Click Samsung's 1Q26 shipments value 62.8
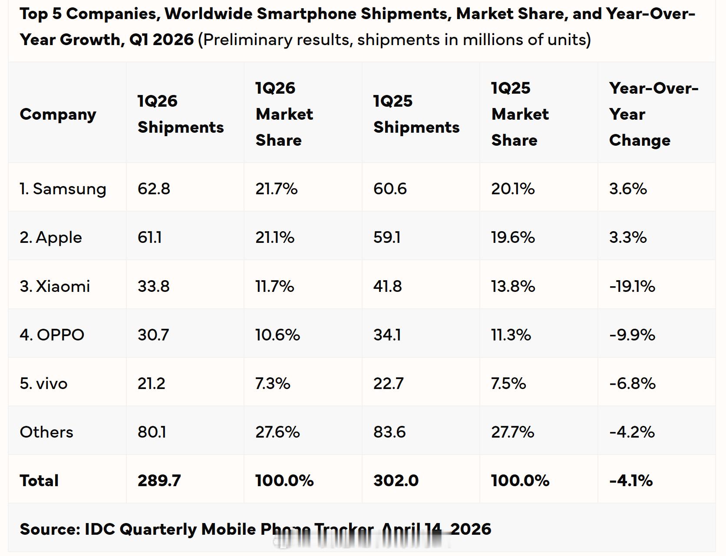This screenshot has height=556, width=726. (x=154, y=189)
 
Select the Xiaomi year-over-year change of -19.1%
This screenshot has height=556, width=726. (x=632, y=286)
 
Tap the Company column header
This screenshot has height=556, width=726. (x=58, y=114)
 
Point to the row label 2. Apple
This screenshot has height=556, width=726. (x=51, y=238)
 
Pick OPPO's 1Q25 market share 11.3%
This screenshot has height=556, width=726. (x=511, y=335)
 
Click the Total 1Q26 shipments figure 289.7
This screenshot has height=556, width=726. (x=159, y=481)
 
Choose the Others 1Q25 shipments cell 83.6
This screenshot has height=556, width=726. (x=389, y=432)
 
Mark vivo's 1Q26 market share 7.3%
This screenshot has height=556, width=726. (x=273, y=383)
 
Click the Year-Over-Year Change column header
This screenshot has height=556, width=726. (x=653, y=114)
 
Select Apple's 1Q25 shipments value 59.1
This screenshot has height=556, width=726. (x=387, y=238)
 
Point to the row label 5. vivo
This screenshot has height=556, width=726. (x=43, y=383)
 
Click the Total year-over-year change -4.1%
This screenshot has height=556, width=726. (x=631, y=481)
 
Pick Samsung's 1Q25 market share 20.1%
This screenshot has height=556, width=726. (x=513, y=189)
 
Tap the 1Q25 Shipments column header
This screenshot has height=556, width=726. (x=416, y=114)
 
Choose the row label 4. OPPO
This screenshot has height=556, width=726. (x=52, y=335)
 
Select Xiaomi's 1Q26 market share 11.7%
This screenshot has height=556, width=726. (x=274, y=286)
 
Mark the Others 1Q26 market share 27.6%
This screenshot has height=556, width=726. (x=277, y=432)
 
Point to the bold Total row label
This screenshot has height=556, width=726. (x=39, y=481)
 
